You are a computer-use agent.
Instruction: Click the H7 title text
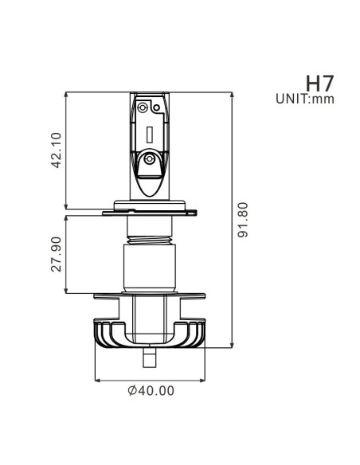click(319, 84)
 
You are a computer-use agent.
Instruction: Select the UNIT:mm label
click(305, 99)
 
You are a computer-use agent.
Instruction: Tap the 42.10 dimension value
click(57, 150)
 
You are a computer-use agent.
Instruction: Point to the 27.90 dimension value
click(57, 254)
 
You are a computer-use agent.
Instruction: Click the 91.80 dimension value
click(243, 220)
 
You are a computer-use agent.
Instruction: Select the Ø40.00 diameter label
click(151, 391)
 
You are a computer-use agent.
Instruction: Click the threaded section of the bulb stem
click(150, 240)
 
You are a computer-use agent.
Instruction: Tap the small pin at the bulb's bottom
click(150, 358)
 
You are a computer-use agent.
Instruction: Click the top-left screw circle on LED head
click(143, 107)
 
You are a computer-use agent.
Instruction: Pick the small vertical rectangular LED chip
click(150, 135)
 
